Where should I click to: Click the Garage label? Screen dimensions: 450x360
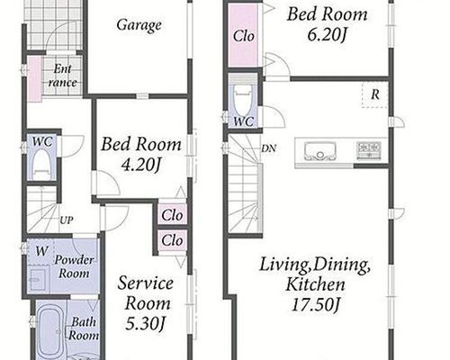tap(139, 25)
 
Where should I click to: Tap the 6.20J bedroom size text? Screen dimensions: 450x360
tap(327, 35)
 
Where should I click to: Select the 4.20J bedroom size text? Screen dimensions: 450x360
tap(140, 165)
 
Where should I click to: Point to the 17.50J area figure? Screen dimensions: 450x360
tap(315, 305)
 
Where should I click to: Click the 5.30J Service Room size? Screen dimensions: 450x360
tap(145, 324)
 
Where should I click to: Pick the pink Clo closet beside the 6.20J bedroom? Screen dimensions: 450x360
tap(243, 35)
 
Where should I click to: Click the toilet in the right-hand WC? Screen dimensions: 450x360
tap(242, 102)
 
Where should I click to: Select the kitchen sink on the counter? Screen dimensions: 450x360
tap(319, 150)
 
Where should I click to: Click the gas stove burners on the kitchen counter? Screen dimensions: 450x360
tap(369, 150)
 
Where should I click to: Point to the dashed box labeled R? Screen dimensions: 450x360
tap(375, 94)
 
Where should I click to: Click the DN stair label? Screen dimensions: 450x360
tap(268, 148)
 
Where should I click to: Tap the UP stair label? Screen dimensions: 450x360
tap(66, 220)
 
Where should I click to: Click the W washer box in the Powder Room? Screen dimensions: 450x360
tap(39, 252)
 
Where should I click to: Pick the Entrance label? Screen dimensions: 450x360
tap(62, 76)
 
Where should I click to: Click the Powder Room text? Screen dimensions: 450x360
tap(74, 266)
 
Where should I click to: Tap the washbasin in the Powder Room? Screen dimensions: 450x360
tap(38, 279)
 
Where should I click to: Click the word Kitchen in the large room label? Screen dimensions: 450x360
tap(315, 284)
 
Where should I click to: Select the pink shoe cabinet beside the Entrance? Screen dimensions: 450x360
tap(34, 79)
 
